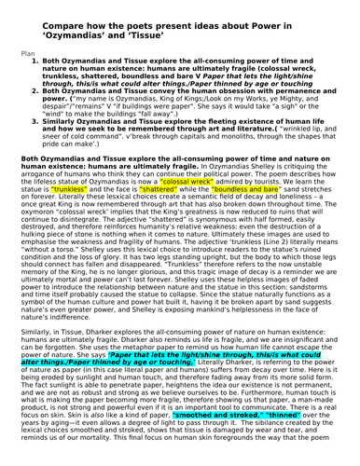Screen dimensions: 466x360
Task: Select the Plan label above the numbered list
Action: [x=31, y=54]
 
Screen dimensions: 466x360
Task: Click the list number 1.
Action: [x=35, y=62]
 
